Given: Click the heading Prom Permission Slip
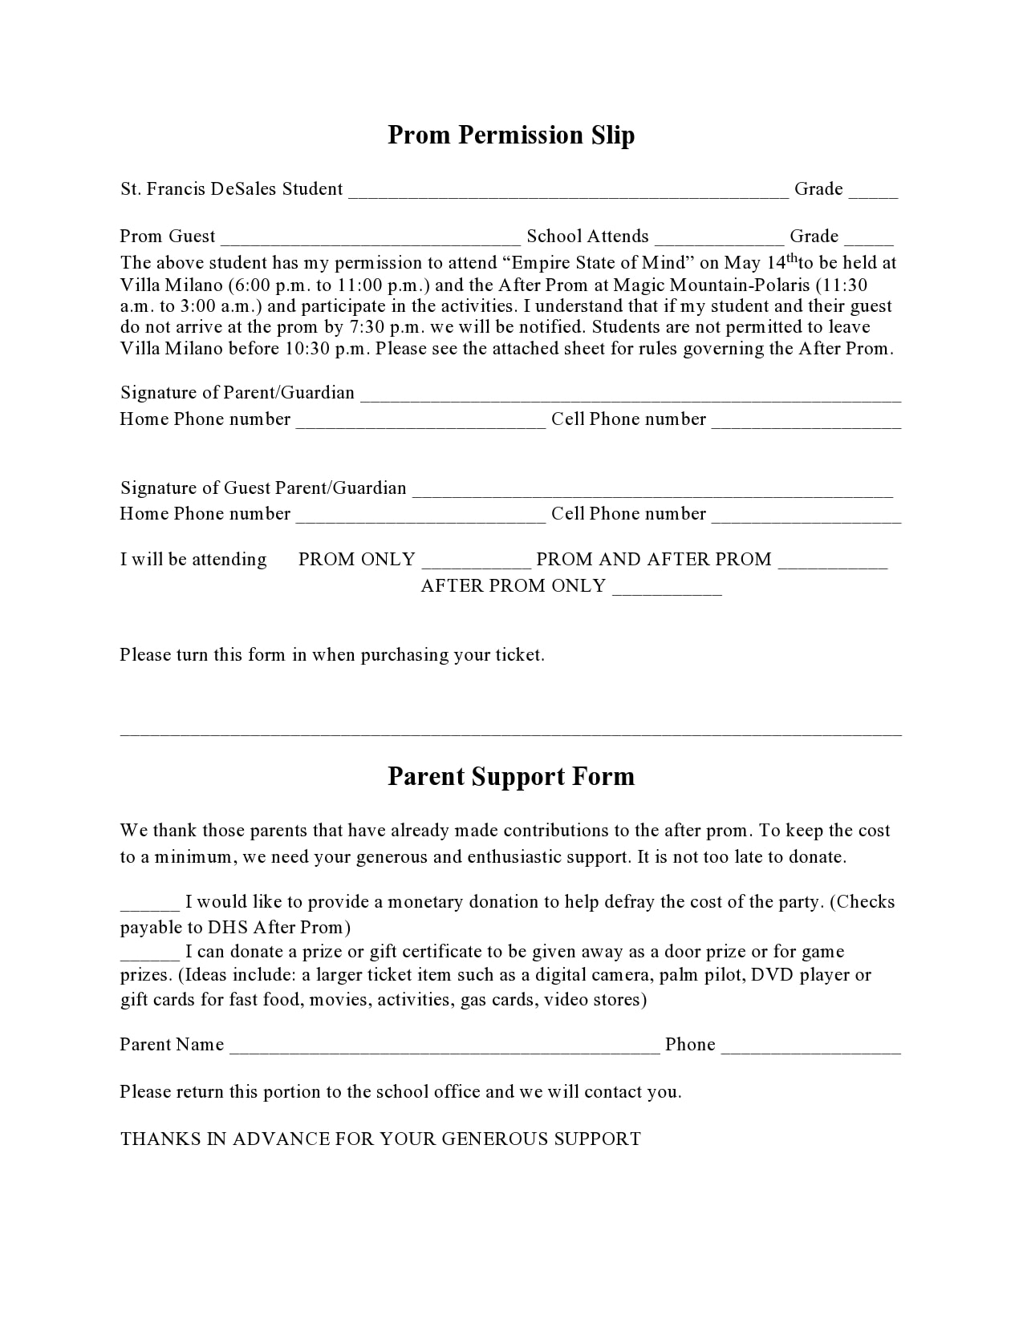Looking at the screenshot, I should (x=511, y=135).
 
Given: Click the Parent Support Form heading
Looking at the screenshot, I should (x=511, y=776).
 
